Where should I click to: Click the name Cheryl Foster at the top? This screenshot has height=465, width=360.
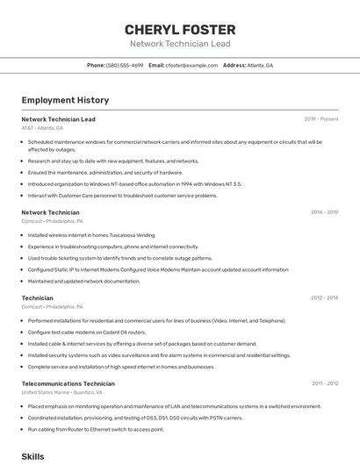[x=180, y=29]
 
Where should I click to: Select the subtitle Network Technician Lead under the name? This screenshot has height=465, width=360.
[x=180, y=44]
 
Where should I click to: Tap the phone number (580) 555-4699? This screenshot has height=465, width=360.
[x=125, y=65]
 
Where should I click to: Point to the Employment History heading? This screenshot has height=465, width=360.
[x=65, y=100]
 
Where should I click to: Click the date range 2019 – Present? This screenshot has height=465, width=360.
[x=320, y=119]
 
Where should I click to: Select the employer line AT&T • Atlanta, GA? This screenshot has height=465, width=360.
[x=42, y=128]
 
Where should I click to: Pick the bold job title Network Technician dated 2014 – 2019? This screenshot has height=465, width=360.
[x=50, y=212]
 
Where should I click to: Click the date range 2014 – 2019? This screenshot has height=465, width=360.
[x=324, y=212]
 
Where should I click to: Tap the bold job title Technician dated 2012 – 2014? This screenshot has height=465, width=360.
[x=37, y=298]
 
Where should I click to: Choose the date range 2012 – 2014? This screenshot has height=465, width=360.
[x=324, y=298]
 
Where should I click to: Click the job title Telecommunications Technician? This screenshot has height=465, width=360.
[x=68, y=383]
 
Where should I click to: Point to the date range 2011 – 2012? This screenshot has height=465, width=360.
[x=325, y=383]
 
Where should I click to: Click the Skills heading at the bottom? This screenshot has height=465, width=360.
[x=32, y=456]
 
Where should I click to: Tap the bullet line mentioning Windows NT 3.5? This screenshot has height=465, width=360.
[x=134, y=184]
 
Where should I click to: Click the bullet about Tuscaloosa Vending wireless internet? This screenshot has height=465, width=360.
[x=91, y=235]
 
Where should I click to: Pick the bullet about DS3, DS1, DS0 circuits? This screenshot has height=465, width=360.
[x=135, y=418]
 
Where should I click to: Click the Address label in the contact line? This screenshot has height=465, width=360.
[x=234, y=65]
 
